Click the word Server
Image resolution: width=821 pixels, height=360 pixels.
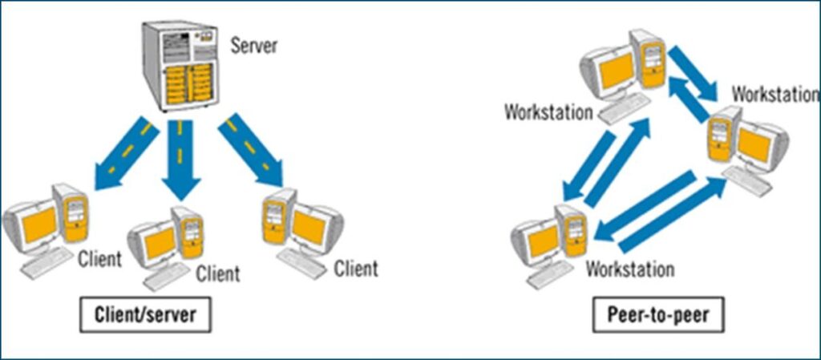[253, 45]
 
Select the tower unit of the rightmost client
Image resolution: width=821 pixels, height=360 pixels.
[275, 220]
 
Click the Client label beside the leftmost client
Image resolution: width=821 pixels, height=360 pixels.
[99, 260]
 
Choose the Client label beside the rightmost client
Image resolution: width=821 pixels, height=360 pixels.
[356, 268]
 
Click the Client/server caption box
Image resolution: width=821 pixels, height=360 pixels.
[145, 315]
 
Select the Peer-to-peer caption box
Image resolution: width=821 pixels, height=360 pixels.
[651, 315]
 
